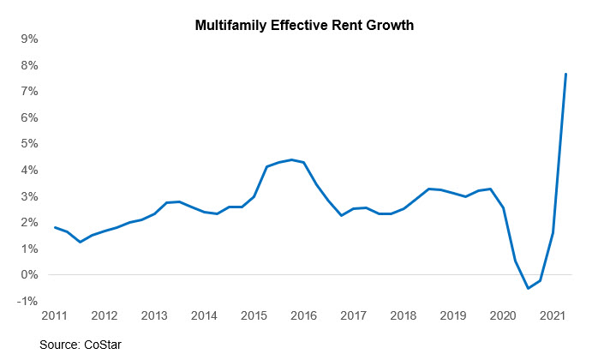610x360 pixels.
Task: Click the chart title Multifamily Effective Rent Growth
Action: pos(305,26)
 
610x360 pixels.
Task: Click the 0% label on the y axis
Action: pos(30,275)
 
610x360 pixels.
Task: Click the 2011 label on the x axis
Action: pos(54,315)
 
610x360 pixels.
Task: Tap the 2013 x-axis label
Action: pos(154,315)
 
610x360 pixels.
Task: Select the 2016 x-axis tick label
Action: pos(304,315)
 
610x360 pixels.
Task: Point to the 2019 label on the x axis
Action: pos(453,315)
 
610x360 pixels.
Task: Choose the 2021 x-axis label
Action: pos(553,315)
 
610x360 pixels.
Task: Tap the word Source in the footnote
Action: pos(58,345)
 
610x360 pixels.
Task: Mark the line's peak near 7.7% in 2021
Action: pos(565,74)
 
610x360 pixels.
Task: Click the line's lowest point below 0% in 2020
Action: pos(528,288)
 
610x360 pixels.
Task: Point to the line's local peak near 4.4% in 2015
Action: pos(292,159)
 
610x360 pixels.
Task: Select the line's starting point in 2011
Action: pos(54,227)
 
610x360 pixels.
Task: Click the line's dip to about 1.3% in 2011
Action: pos(80,242)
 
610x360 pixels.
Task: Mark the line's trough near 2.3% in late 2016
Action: pos(342,215)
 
